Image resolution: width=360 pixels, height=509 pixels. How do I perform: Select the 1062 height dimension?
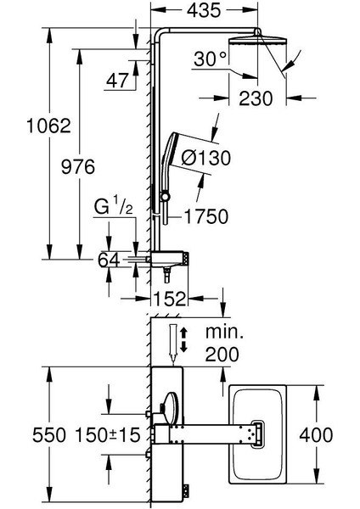coord(48,126)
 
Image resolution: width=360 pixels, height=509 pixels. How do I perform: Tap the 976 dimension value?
coord(78,167)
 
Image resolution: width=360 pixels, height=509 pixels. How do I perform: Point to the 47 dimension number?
coord(117,81)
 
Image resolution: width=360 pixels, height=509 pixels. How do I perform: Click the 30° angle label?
coord(210,59)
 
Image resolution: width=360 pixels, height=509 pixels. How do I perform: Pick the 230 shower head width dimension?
coord(256,98)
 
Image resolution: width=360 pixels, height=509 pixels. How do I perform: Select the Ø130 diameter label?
coord(206,158)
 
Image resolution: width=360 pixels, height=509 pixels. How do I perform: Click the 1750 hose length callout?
coord(206,216)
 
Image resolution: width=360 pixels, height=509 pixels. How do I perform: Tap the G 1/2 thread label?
coord(114,207)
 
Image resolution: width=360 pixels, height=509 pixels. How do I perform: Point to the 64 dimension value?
coord(109,260)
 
